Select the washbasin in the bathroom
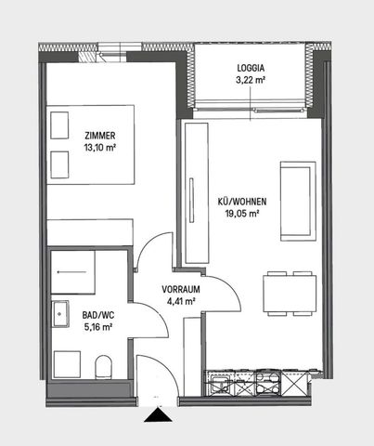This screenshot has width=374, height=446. (61, 315)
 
